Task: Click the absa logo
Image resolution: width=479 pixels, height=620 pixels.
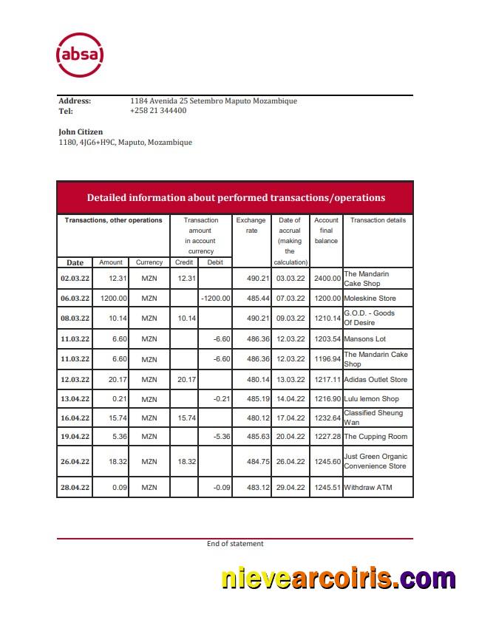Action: coord(80,55)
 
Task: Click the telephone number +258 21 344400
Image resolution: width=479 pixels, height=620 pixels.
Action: coord(158,111)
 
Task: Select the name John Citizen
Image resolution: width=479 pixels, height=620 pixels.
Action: coord(81,132)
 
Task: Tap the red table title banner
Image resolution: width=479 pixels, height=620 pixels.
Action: coord(235,197)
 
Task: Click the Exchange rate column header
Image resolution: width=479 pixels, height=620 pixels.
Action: coord(251,225)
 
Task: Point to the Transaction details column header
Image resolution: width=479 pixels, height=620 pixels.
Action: coord(377,220)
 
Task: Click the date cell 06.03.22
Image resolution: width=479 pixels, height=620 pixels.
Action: coord(75,299)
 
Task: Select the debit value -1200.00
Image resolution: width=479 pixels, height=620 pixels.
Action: coord(215,299)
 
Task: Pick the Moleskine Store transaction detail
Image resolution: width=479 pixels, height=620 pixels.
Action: coord(370,299)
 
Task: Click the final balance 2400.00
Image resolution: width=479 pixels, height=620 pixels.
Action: coord(326,279)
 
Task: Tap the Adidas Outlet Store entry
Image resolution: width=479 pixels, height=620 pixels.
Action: coord(376,380)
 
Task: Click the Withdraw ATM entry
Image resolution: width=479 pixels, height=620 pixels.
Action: coord(367,488)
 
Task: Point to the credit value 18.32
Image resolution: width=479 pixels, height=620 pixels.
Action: coord(185,461)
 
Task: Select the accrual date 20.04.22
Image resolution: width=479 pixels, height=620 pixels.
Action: coord(290,436)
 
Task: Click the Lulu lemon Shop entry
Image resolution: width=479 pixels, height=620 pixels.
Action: coord(371,399)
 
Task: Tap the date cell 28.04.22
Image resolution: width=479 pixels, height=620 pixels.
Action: coord(75,488)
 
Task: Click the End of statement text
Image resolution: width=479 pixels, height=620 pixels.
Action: coord(234,544)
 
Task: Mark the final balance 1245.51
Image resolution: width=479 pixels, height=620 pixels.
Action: coord(326,488)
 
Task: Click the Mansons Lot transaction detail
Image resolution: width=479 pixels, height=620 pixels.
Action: coord(365,339)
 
